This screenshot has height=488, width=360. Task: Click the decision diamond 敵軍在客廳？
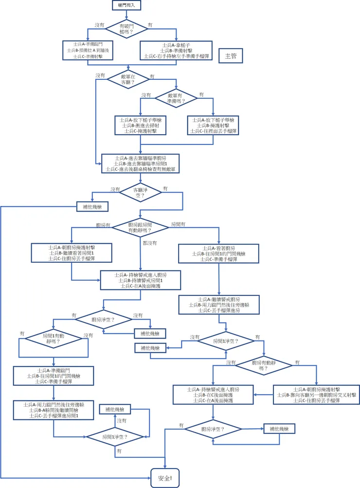pos(128,79)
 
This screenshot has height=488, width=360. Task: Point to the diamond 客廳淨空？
pos(141,191)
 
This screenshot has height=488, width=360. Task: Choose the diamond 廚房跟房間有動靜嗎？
pos(141,228)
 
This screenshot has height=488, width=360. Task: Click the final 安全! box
pos(165,478)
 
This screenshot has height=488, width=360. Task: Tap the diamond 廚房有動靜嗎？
pos(265,365)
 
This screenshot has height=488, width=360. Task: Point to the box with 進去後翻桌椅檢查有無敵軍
pos(141,163)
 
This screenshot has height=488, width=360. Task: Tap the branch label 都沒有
pos(150,242)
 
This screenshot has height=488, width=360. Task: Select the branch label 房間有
pos(179,225)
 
